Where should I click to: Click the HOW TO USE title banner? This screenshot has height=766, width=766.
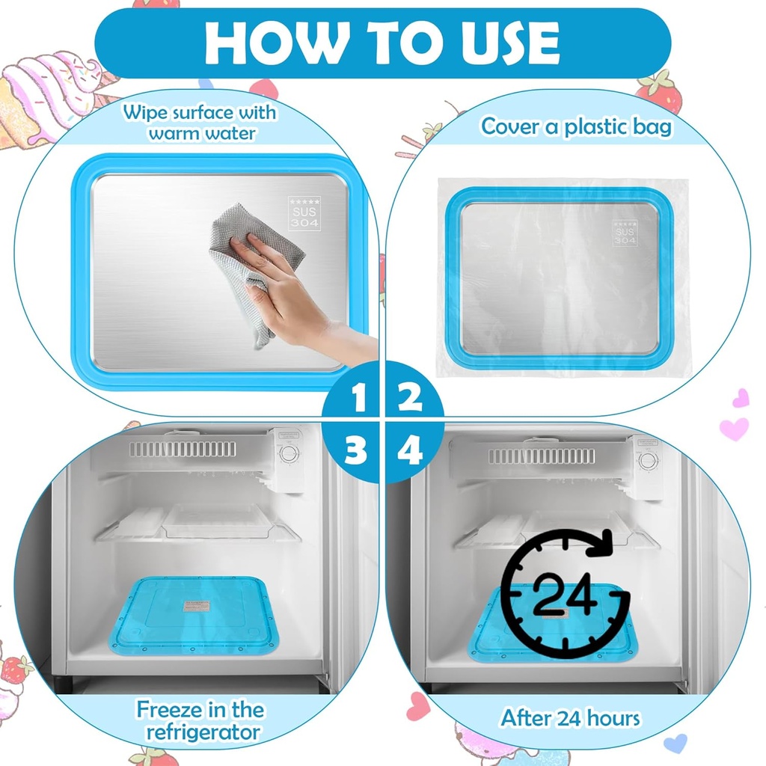pyautogui.click(x=382, y=43)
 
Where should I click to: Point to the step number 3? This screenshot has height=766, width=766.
pyautogui.click(x=357, y=451)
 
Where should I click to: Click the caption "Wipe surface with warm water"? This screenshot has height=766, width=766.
pyautogui.click(x=200, y=123)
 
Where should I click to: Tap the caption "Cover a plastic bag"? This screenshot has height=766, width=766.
pyautogui.click(x=576, y=126)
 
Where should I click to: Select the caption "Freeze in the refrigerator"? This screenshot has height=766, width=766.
pyautogui.click(x=200, y=720)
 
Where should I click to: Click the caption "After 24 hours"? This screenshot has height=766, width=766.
pyautogui.click(x=570, y=718)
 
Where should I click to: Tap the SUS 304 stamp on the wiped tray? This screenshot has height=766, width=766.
pyautogui.click(x=304, y=213)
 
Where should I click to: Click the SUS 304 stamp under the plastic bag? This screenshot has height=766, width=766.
pyautogui.click(x=625, y=233)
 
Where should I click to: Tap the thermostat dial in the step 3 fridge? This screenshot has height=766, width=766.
pyautogui.click(x=288, y=453)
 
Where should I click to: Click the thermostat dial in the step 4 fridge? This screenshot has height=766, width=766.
pyautogui.click(x=648, y=459)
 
